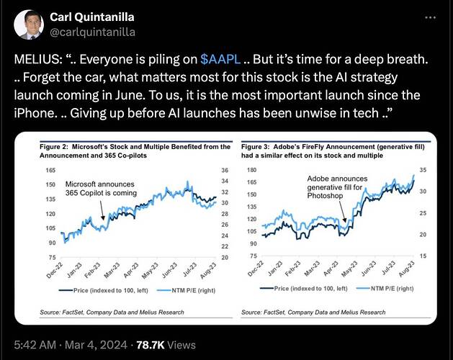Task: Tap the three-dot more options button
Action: point(430,17)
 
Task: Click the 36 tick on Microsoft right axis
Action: point(224,170)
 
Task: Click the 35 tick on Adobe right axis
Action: point(424,170)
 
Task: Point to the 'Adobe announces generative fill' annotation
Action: point(338,187)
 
